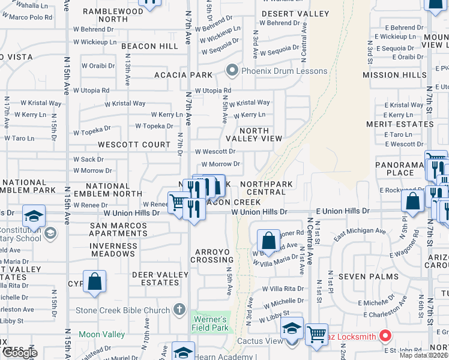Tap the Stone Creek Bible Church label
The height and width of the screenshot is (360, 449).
[x=122, y=310]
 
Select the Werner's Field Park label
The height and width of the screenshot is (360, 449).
[x=209, y=323]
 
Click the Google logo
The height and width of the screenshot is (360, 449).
[x=19, y=353]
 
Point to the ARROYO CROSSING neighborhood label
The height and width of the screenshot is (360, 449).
[x=212, y=255]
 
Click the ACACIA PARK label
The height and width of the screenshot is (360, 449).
[x=183, y=75]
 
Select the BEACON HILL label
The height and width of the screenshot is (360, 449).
[x=149, y=46]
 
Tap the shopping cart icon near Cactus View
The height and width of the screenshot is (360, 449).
[x=316, y=334]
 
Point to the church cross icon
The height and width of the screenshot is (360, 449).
[x=178, y=310]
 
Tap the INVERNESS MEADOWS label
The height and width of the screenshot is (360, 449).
[x=113, y=250]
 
